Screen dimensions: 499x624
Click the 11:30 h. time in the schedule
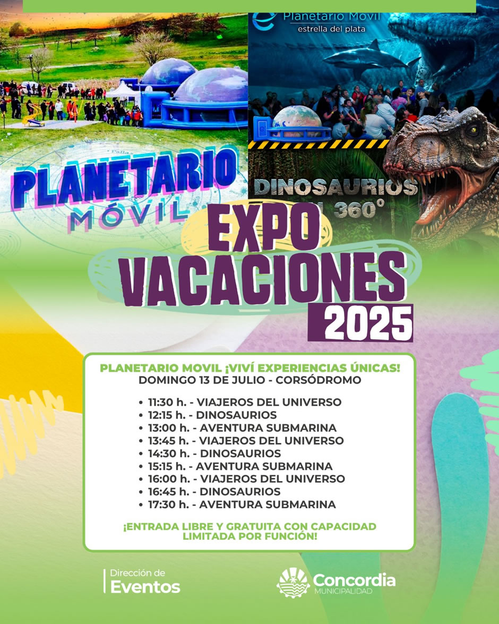coord(167,403)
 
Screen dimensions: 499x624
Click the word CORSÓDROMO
coord(319,380)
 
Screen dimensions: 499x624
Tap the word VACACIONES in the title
coord(263,278)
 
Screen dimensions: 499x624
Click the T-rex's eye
coord(473,130)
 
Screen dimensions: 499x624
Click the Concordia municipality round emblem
coord(293,583)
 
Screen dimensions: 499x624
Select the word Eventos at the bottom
coord(145,587)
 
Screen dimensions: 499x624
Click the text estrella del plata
coord(331,29)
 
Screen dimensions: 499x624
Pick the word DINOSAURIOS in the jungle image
coord(335,187)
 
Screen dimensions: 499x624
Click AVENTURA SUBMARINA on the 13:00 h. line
coord(268,428)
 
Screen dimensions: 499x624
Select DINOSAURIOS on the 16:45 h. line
coord(240,492)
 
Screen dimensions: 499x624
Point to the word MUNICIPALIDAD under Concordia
coord(343,592)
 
